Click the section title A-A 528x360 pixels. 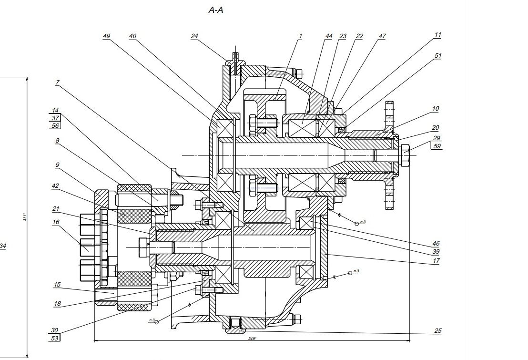pyautogui.click(x=216, y=10)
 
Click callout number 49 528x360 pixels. pyautogui.click(x=106, y=36)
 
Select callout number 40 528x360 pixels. pyautogui.click(x=132, y=36)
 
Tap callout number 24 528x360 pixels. pyautogui.click(x=194, y=36)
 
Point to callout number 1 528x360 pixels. pyautogui.click(x=301, y=36)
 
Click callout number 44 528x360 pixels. pyautogui.click(x=329, y=36)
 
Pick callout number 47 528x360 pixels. pyautogui.click(x=382, y=36)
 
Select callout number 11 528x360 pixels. pyautogui.click(x=437, y=35)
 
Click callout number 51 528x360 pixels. pyautogui.click(x=437, y=56)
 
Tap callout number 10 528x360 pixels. pyautogui.click(x=435, y=109)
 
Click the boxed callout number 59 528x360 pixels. pyautogui.click(x=437, y=146)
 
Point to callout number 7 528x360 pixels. pyautogui.click(x=57, y=82)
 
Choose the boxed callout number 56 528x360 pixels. pyautogui.click(x=55, y=126)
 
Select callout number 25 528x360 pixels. pyautogui.click(x=437, y=331)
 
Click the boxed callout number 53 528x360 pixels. pyautogui.click(x=55, y=338)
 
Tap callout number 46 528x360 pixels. pyautogui.click(x=437, y=244)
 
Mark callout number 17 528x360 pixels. pyautogui.click(x=437, y=261)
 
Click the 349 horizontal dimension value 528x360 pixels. pyautogui.click(x=252, y=339)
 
